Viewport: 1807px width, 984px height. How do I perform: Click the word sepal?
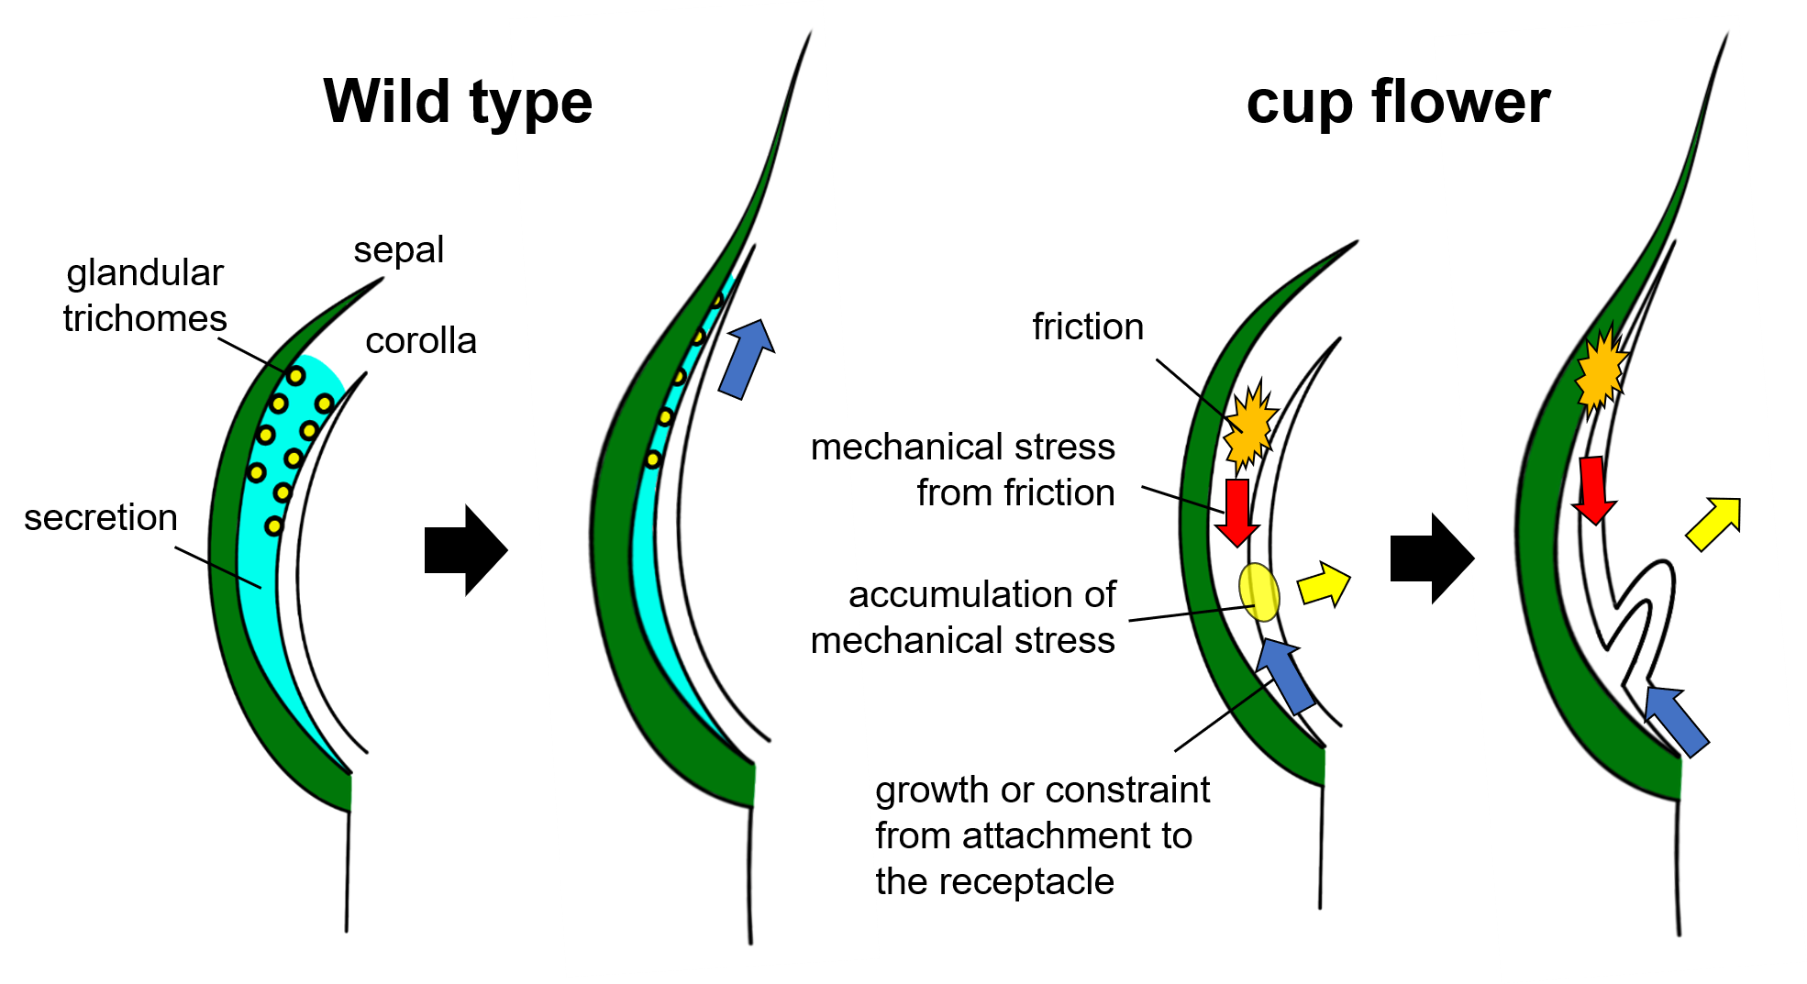398,250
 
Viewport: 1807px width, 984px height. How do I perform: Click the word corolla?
420,341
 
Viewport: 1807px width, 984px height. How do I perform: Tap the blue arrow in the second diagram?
747,359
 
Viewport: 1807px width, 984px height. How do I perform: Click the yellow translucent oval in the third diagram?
1259,592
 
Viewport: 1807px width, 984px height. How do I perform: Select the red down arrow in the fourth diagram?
1594,490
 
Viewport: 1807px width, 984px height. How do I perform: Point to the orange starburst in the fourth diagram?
1601,371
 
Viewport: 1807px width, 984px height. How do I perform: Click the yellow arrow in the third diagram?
1325,584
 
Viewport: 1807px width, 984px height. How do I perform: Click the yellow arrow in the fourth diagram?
1714,524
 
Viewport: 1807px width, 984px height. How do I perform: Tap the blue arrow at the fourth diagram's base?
1675,720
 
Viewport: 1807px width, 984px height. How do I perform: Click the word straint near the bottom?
1159,790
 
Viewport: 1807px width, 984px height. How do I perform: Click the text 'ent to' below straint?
1150,835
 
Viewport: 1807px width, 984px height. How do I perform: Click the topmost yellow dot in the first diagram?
295,376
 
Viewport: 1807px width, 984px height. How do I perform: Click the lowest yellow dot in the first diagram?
273,526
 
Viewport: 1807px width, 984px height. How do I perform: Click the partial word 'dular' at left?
181,272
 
